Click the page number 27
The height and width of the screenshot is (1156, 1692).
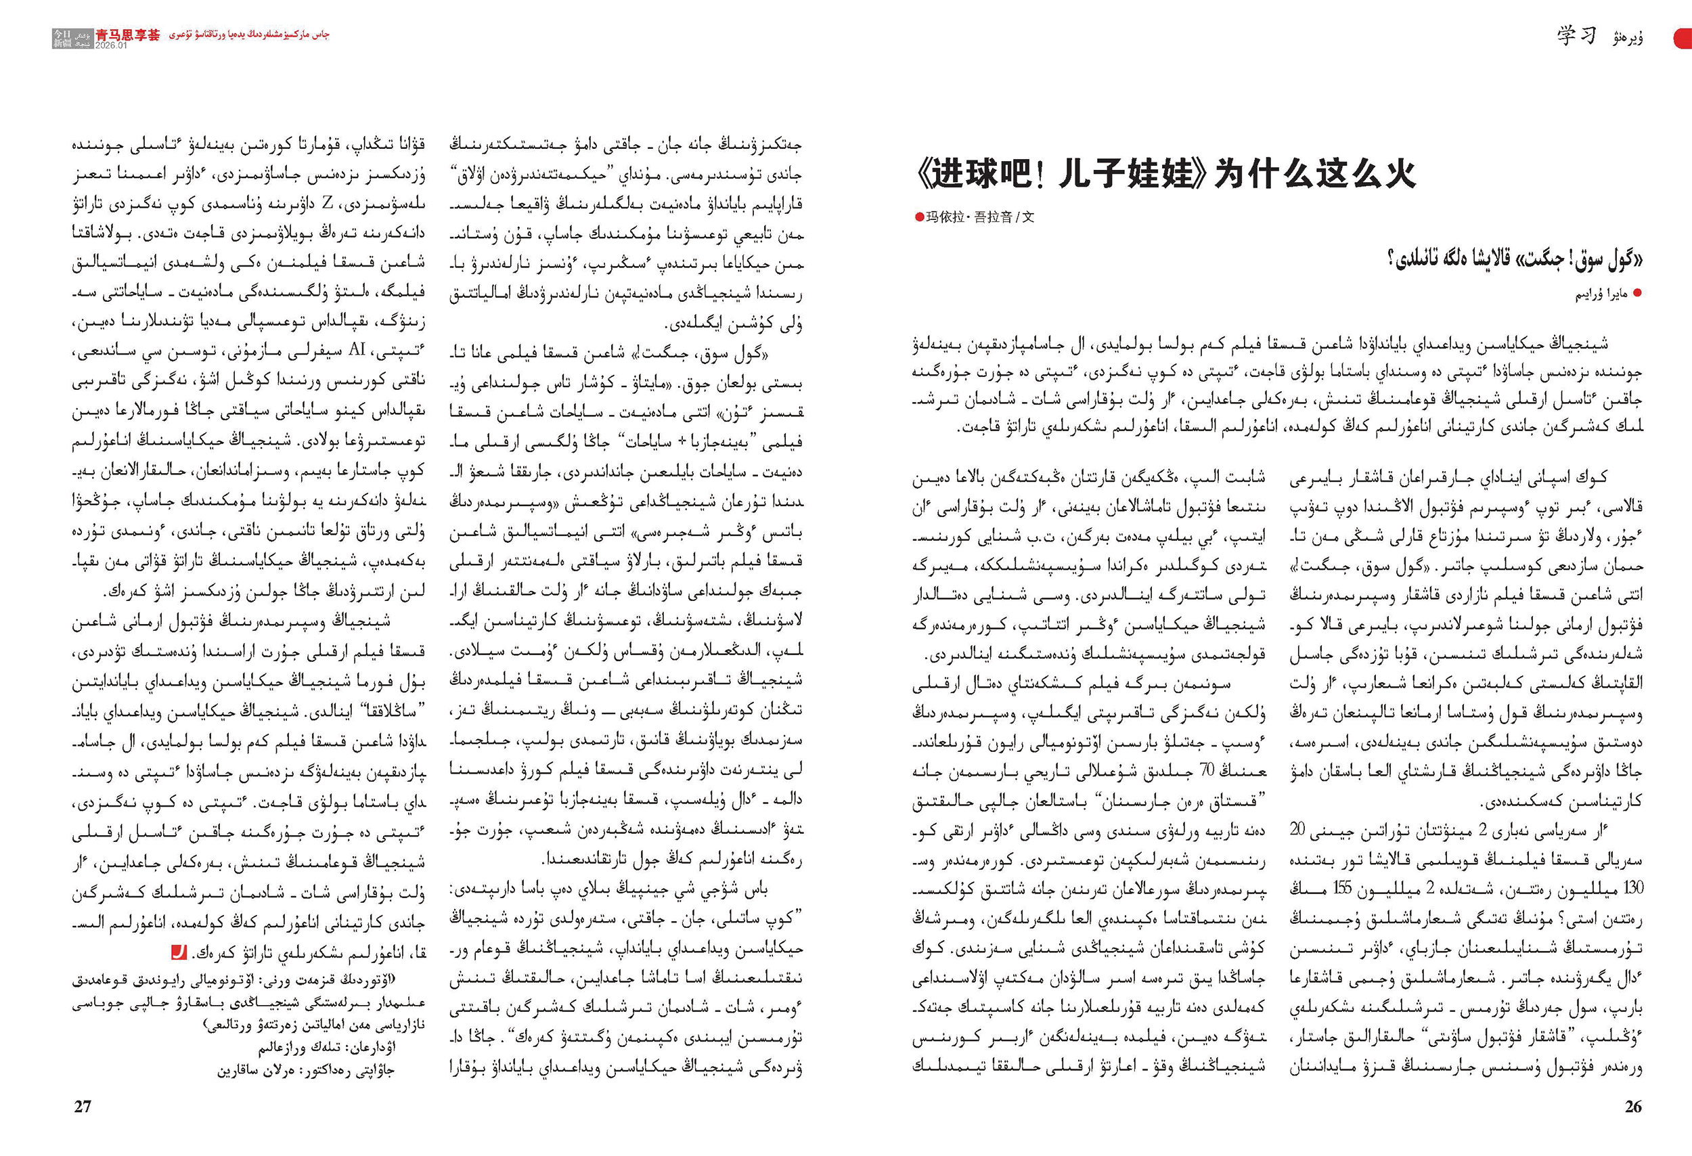click(83, 1106)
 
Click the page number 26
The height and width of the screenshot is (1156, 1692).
click(1633, 1106)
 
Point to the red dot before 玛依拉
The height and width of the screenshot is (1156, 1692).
click(920, 217)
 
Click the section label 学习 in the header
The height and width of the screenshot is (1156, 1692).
click(1576, 35)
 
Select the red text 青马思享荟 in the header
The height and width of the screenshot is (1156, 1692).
click(127, 35)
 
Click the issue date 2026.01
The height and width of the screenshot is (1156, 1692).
click(111, 45)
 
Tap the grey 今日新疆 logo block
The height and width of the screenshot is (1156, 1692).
click(72, 39)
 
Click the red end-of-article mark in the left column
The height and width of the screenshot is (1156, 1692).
click(179, 952)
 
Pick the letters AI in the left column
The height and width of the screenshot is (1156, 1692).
click(357, 350)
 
